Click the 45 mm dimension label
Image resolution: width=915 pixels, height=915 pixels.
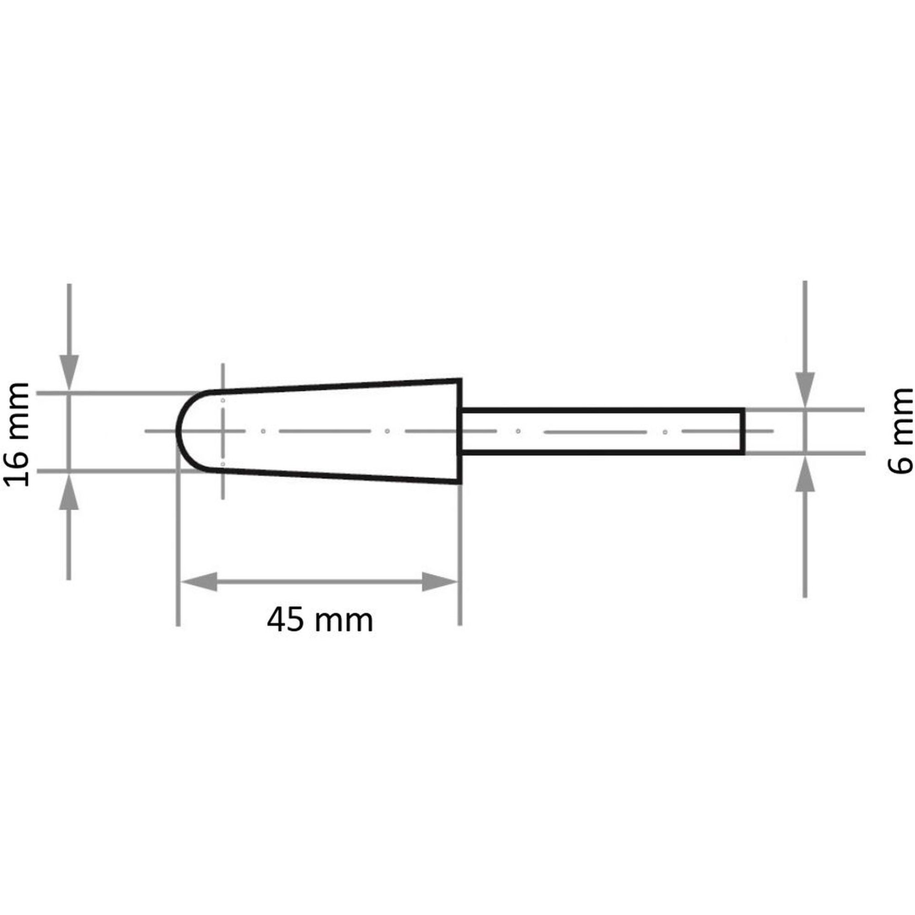click(x=320, y=620)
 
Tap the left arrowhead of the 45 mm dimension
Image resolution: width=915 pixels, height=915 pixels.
click(x=199, y=581)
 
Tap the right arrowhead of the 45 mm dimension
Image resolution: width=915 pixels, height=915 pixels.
click(x=440, y=581)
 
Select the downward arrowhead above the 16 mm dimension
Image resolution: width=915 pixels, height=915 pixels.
click(x=69, y=373)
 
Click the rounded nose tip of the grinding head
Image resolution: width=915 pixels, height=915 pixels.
click(x=178, y=431)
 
